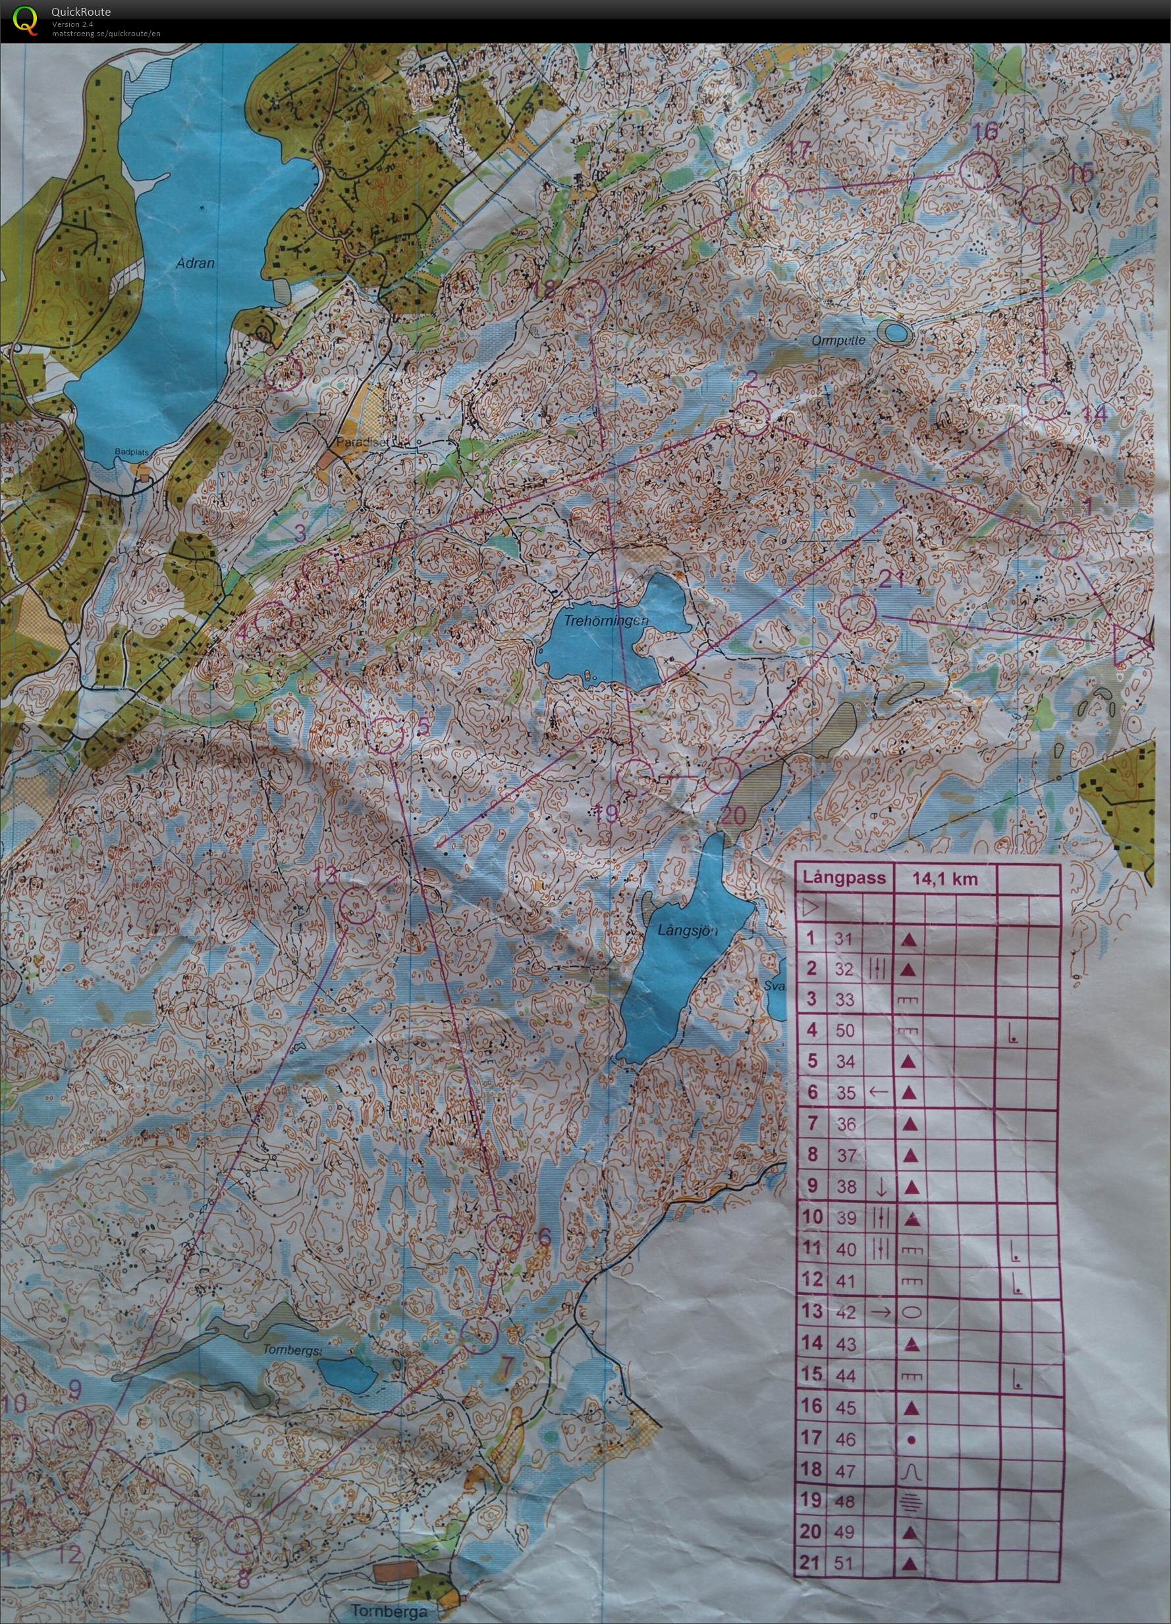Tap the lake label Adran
195,263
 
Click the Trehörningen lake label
606,621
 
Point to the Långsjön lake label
687,930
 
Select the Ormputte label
838,341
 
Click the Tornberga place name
388,1611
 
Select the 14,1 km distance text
944,879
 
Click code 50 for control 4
846,1030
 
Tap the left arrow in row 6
878,1092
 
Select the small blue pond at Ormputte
894,332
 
